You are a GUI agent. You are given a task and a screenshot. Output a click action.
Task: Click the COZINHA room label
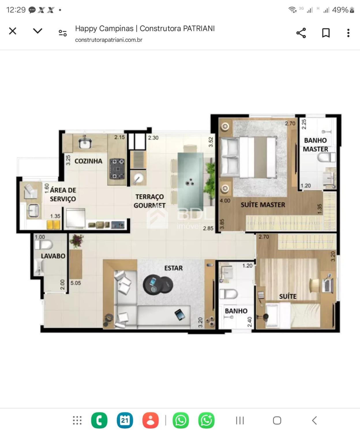coord(88,161)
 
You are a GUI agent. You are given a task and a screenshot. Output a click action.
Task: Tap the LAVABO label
coord(53,256)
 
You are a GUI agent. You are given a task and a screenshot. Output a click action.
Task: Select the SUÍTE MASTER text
coord(263,205)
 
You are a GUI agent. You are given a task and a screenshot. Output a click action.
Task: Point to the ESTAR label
coord(173,268)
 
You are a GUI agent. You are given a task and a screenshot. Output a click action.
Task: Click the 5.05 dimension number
coord(76,283)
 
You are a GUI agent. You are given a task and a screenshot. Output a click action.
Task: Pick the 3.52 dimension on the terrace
coord(211,142)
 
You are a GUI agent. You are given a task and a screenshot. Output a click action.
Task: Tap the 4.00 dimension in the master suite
coord(225,201)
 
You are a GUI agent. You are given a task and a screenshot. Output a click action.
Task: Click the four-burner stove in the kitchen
coord(117,169)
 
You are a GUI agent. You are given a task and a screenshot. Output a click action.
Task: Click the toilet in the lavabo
coord(44,245)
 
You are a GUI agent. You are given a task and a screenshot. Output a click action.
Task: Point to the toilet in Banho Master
coord(326,157)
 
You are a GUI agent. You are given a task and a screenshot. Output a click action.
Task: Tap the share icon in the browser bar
coord(301,33)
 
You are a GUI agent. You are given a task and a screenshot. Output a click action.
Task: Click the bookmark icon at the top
coord(326,33)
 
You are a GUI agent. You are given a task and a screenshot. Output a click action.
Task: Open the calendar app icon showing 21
coord(125,420)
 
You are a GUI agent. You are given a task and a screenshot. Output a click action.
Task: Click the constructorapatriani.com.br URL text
coord(108,40)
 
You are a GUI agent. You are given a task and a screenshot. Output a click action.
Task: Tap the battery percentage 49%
coord(340,10)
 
